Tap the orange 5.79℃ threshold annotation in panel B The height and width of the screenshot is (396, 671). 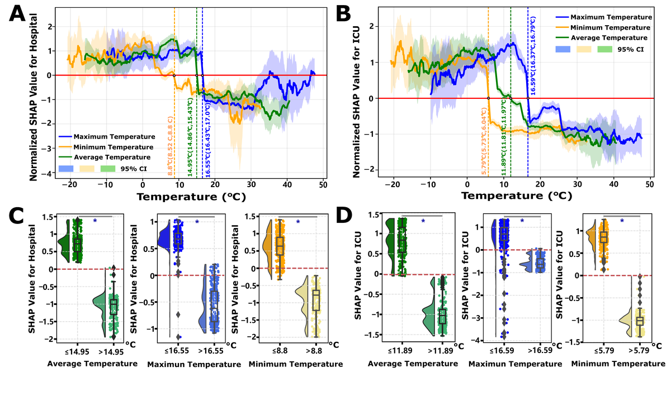(x=484, y=142)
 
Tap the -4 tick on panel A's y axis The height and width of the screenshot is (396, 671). (x=52, y=173)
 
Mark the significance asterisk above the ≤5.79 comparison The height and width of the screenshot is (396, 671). (x=622, y=221)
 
